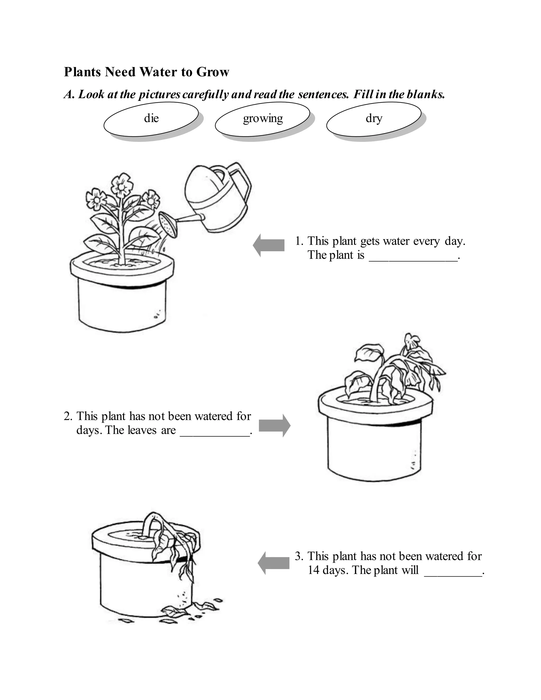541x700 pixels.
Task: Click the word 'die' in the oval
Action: click(151, 118)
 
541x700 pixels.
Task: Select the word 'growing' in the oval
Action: click(263, 119)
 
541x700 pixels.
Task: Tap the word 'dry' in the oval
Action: click(374, 118)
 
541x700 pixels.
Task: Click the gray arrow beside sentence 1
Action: click(269, 245)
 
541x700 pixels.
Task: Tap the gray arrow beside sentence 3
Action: click(273, 563)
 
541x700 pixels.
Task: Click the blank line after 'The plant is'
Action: click(413, 261)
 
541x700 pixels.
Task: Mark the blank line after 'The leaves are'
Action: click(215, 436)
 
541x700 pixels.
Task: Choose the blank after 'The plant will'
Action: click(453, 576)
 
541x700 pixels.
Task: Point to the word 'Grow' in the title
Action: click(212, 72)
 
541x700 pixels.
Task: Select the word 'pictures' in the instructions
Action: click(159, 95)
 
